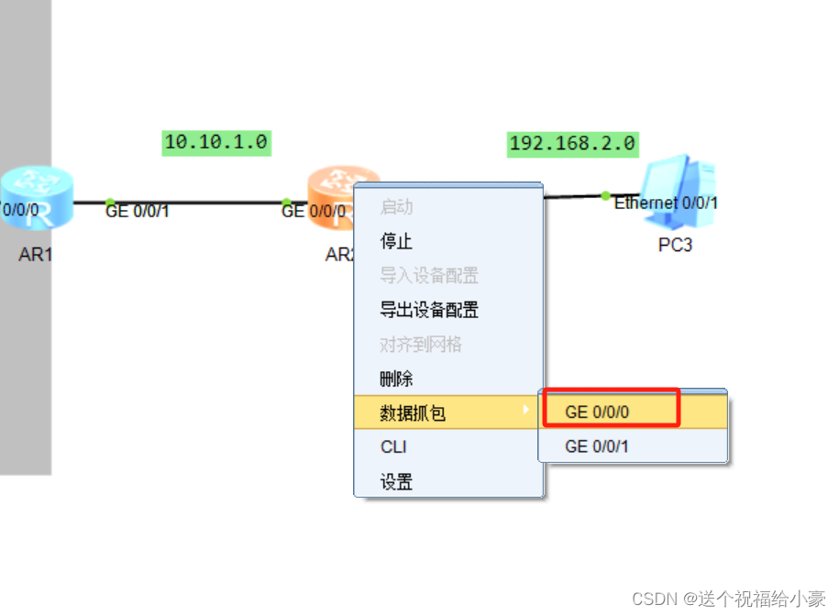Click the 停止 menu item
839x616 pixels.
(x=396, y=242)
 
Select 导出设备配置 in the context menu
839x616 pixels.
(x=428, y=311)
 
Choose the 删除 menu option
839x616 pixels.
(x=396, y=379)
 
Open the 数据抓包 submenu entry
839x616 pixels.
(x=413, y=413)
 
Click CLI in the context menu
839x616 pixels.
(x=393, y=447)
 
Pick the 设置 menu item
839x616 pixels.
(x=396, y=482)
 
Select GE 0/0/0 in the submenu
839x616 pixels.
(x=597, y=412)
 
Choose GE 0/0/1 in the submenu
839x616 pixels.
(x=597, y=446)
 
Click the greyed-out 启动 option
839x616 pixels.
(x=396, y=208)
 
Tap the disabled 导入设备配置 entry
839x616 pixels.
(x=428, y=276)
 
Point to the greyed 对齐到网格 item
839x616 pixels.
(x=420, y=345)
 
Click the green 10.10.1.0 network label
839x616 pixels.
(x=216, y=142)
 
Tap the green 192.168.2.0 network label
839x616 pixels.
(x=572, y=144)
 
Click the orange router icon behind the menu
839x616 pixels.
(x=335, y=188)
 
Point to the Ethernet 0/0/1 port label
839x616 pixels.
(x=666, y=203)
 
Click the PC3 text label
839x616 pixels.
(x=675, y=246)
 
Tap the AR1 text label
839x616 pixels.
(x=36, y=255)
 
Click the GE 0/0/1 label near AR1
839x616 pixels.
(x=138, y=212)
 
